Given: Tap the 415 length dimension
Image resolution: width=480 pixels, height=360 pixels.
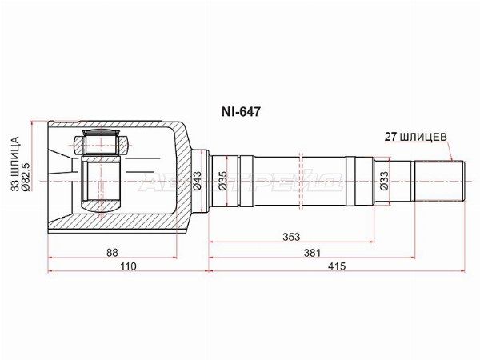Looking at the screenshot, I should (x=336, y=267).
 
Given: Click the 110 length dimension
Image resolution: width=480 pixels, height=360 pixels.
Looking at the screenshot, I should (x=128, y=267).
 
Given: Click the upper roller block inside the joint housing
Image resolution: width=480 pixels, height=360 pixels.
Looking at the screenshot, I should (x=101, y=145).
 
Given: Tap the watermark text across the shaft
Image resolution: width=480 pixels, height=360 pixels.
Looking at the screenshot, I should (x=240, y=182).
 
